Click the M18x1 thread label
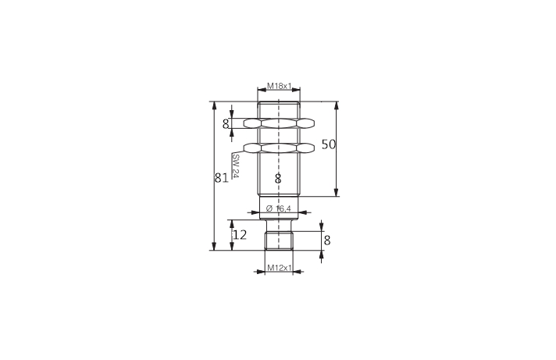tap(279, 86)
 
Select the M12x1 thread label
tap(279, 269)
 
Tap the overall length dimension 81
tap(221, 177)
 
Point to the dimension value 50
tap(329, 144)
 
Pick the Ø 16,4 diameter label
tap(279, 208)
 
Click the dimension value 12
tap(239, 234)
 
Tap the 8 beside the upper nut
tap(226, 123)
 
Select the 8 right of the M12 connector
tap(327, 241)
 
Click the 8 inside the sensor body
tap(278, 179)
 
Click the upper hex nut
tap(279, 123)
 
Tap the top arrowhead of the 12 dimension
tap(232, 224)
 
